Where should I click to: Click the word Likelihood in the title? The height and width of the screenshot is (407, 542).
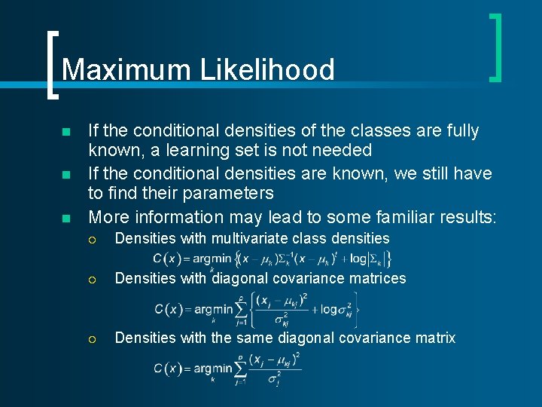267,70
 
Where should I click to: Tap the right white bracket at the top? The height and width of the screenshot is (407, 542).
495,47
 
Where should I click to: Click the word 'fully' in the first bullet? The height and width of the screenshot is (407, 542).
459,131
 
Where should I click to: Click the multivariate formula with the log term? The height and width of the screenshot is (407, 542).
271,259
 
